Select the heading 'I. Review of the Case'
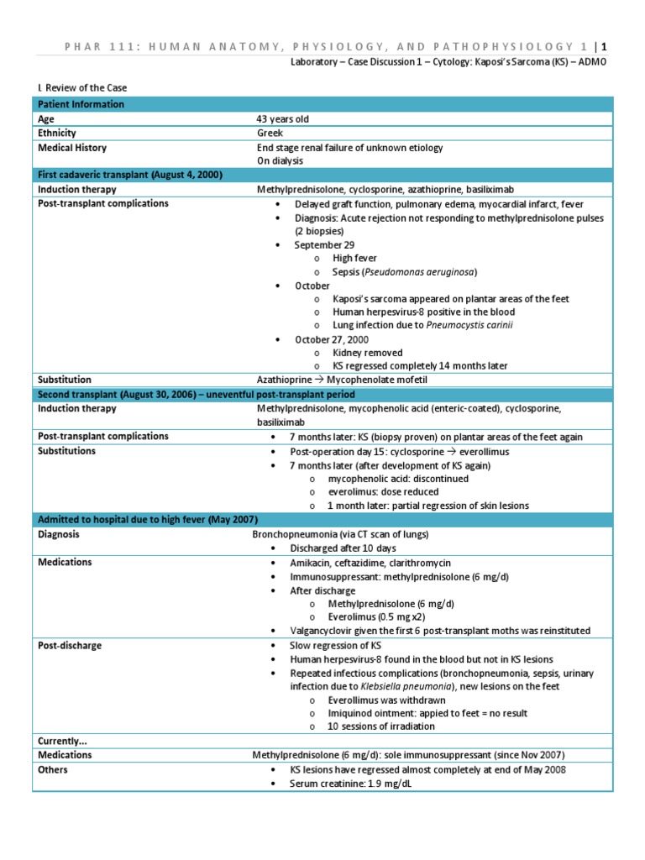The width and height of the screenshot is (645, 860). tap(80, 87)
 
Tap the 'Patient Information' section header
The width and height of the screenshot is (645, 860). tap(81, 104)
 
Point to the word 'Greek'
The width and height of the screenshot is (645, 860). tap(270, 134)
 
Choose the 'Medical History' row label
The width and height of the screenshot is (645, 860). tap(72, 148)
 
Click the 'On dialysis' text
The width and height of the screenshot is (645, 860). tap(281, 160)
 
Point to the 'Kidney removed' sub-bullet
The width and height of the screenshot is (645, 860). tap(367, 353)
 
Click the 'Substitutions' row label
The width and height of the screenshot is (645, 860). tap(67, 451)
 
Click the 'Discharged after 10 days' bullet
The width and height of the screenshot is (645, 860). tap(345, 548)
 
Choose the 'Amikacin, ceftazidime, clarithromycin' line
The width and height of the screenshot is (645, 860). tap(371, 562)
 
